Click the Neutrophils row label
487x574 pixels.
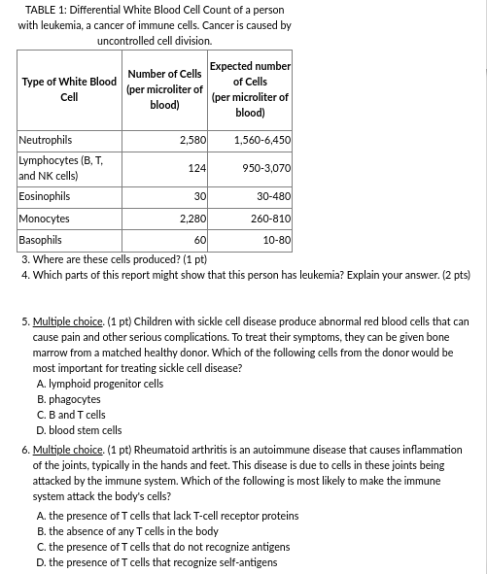(46, 141)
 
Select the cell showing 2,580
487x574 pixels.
(192, 141)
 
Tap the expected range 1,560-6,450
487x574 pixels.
(261, 141)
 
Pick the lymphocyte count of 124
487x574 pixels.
(197, 168)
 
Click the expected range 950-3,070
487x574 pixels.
(266, 168)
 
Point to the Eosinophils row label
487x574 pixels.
(45, 196)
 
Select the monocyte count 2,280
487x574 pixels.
(192, 219)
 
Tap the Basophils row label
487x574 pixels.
(41, 239)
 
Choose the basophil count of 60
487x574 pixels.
(200, 239)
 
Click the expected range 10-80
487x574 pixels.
(276, 239)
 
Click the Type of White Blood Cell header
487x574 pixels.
(69, 89)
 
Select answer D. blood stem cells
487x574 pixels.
(79, 430)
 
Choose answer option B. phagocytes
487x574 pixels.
(68, 399)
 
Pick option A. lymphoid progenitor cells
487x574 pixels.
(99, 384)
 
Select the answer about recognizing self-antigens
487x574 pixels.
(157, 562)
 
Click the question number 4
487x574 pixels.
(24, 276)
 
